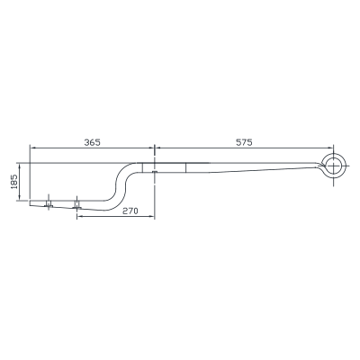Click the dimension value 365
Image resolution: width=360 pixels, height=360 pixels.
[92, 142]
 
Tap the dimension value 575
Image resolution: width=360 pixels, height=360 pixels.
[244, 142]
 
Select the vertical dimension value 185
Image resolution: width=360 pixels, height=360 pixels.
[14, 182]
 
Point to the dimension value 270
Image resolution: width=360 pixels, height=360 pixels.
[130, 211]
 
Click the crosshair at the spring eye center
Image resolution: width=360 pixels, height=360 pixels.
[333, 166]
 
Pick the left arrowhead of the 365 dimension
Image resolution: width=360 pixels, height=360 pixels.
[32, 148]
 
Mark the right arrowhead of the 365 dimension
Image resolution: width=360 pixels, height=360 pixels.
[151, 148]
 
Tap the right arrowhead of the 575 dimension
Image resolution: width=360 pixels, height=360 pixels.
[330, 148]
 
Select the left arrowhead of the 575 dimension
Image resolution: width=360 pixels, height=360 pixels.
[157, 148]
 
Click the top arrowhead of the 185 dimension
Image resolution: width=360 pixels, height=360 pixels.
[20, 166]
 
